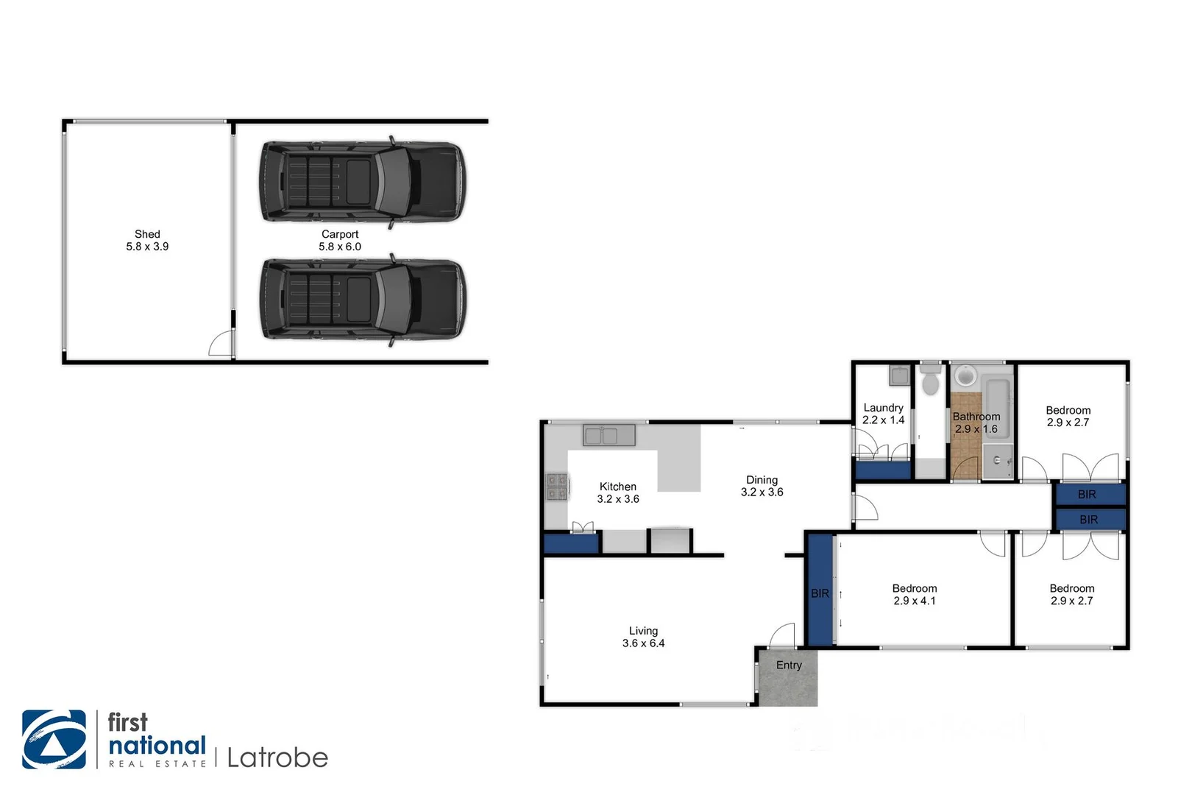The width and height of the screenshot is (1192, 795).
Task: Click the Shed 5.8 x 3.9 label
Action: [147, 241]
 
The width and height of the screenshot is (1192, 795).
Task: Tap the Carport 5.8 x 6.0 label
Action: [340, 241]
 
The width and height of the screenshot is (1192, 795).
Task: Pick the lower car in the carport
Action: [362, 298]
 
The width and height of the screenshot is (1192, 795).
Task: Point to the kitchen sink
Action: [609, 435]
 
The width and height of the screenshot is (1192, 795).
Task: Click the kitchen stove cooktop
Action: [556, 487]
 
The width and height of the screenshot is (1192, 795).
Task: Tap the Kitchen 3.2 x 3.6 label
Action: [618, 492]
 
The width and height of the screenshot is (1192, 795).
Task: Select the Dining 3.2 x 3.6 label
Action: [762, 486]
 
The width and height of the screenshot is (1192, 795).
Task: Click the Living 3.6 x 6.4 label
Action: [643, 637]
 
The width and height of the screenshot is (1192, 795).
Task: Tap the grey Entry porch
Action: [788, 677]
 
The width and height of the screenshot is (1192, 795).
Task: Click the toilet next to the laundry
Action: [931, 381]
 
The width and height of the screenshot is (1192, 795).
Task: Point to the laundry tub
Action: [898, 375]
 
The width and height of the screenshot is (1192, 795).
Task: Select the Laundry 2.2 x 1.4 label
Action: [883, 414]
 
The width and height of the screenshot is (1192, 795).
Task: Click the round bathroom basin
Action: [965, 377]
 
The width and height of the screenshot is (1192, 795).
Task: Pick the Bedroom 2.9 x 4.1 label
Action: [915, 595]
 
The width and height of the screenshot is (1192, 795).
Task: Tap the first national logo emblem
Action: [54, 740]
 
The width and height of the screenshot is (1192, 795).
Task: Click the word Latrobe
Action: [277, 757]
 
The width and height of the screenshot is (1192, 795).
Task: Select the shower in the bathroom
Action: [998, 461]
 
